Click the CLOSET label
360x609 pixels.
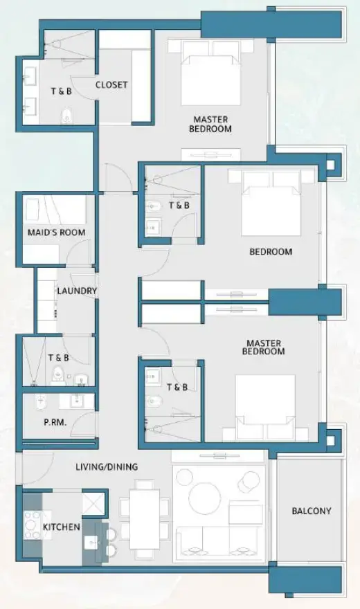tap(111, 85)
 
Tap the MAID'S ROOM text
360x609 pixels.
tap(57, 233)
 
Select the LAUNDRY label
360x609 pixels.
tap(77, 291)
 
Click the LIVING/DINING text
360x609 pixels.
tap(106, 467)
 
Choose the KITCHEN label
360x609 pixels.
tap(62, 527)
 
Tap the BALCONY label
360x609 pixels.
tap(311, 511)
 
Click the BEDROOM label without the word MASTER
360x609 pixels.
tap(271, 252)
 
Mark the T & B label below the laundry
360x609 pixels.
tap(58, 358)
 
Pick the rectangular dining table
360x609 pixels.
tap(144, 516)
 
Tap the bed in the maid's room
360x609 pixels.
tap(57, 210)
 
